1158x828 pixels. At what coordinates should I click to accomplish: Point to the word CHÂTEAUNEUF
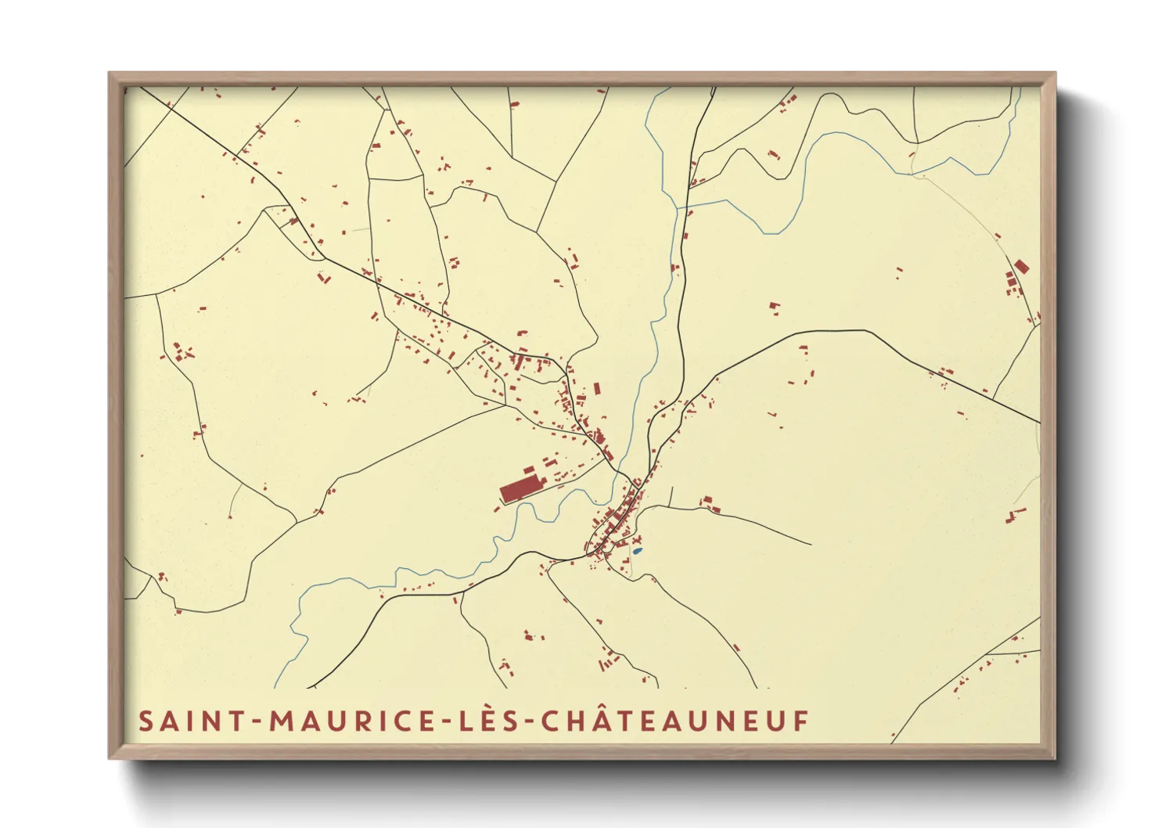click(x=674, y=721)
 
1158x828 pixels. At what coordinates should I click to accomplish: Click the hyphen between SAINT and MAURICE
click(x=257, y=722)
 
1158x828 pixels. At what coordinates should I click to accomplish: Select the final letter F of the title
click(x=801, y=721)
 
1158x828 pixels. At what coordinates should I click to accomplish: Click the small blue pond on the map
click(x=637, y=551)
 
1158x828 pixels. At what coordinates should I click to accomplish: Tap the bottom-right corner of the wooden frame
click(x=1054, y=757)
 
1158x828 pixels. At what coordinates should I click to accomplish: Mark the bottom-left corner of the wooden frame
click(x=110, y=757)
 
